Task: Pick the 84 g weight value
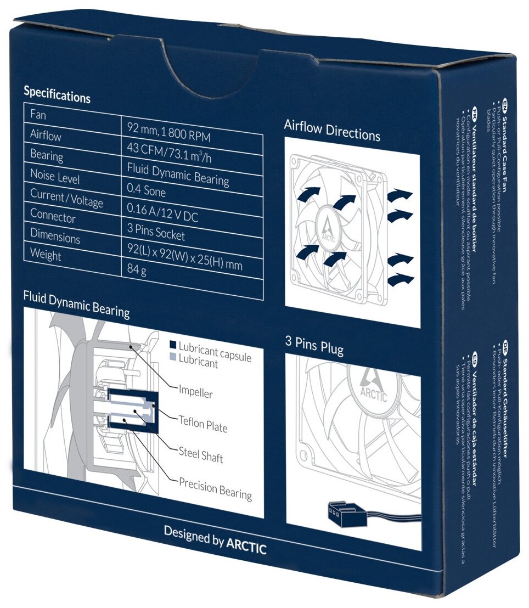coord(136,270)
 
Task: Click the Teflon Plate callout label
coord(203,423)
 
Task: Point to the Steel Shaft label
coord(201,454)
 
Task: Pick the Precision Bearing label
coord(215,488)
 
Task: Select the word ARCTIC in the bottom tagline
coord(246,544)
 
